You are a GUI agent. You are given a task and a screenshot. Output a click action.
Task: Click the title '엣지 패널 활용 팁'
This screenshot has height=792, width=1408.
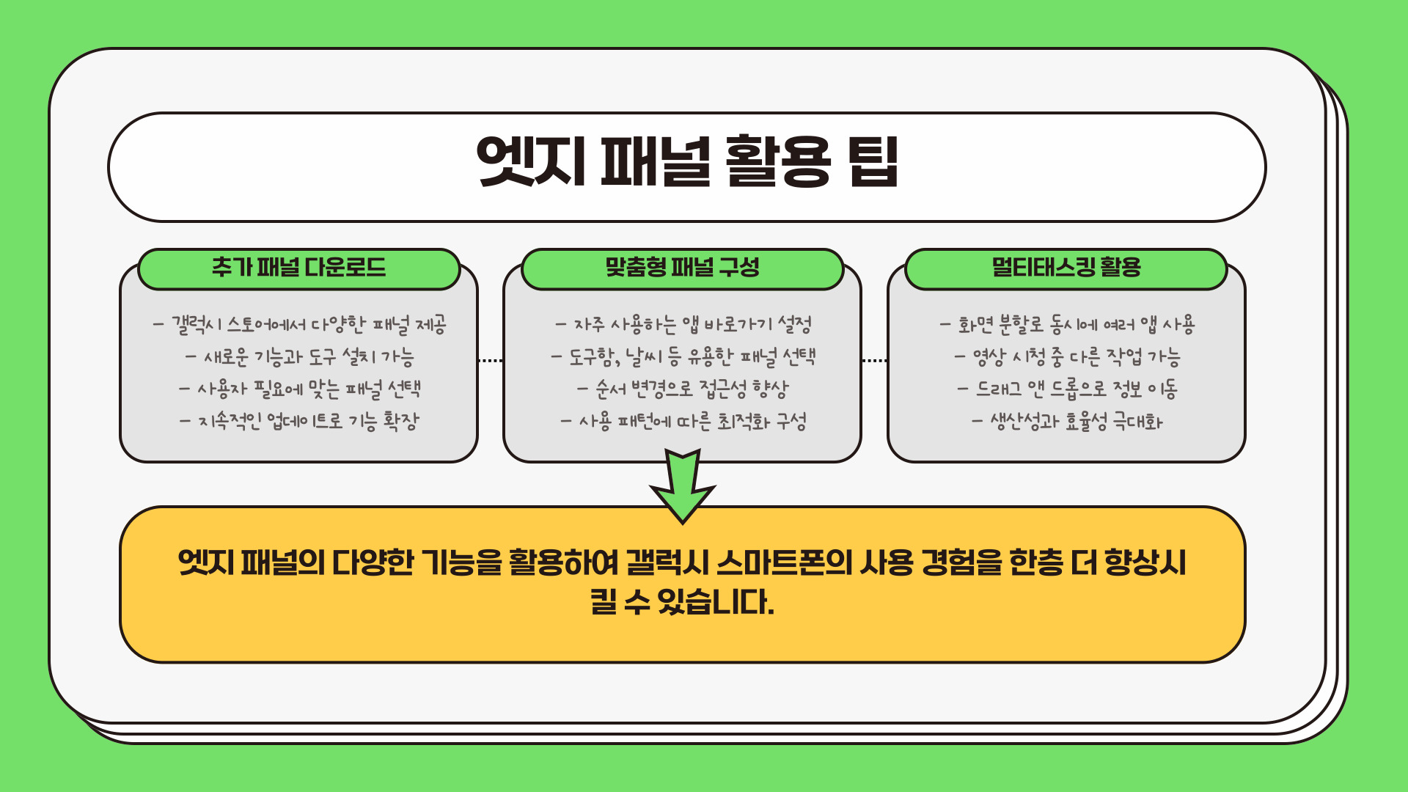[687, 161]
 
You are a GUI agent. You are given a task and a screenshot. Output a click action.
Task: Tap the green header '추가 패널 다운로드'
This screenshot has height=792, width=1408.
[298, 268]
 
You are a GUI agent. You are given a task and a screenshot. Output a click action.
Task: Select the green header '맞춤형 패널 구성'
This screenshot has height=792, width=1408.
[682, 268]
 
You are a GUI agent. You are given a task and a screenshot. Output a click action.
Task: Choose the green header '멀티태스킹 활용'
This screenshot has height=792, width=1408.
[1066, 268]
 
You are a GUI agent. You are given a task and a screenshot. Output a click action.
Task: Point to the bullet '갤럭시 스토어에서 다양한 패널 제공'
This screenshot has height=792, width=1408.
[299, 325]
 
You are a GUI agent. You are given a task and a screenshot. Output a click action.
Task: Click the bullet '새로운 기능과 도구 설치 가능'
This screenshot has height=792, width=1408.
[299, 357]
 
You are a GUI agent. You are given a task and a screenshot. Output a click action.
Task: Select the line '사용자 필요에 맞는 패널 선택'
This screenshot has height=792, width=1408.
[299, 389]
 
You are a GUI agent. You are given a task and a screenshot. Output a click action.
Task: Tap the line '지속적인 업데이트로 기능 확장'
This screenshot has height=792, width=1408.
[299, 422]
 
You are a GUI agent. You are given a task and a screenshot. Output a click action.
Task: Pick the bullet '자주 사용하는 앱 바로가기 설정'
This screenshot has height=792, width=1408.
[683, 325]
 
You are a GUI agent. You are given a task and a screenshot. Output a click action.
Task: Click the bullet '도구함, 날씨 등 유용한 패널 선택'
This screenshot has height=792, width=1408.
[683, 357]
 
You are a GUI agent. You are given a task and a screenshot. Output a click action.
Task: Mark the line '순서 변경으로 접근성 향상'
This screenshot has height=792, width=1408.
[683, 389]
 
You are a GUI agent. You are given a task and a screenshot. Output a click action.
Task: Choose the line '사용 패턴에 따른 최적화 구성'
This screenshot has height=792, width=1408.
[683, 422]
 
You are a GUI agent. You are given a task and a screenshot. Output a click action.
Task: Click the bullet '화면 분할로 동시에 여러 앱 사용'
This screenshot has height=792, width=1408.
[1067, 325]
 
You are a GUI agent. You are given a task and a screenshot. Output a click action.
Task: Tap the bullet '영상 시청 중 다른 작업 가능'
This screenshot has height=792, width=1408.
[1067, 357]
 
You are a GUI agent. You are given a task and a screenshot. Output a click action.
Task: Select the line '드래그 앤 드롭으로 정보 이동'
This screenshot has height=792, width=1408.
[1067, 389]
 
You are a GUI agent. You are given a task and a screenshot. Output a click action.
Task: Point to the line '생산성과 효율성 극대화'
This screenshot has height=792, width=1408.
[1067, 422]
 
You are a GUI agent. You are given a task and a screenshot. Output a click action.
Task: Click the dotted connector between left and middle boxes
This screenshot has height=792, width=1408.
[491, 361]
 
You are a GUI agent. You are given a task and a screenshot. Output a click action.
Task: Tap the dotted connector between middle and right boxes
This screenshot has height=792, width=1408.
[874, 361]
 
